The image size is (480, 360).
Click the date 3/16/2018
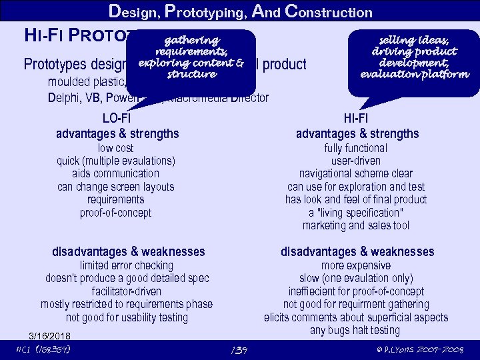click(50, 335)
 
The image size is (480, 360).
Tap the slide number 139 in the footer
click(237, 350)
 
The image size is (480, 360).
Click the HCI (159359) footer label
click(43, 350)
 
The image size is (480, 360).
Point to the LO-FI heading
click(117, 118)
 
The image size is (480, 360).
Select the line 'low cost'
click(115, 148)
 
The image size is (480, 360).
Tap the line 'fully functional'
click(355, 148)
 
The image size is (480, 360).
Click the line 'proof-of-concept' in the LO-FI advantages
click(115, 213)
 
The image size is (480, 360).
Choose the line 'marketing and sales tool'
click(355, 225)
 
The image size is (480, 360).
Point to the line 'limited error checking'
click(127, 265)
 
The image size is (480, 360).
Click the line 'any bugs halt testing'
click(355, 330)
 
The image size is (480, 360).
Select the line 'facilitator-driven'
click(127, 291)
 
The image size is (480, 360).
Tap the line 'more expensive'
click(355, 265)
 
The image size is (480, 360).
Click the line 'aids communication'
click(115, 173)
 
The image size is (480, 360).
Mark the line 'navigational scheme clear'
click(355, 173)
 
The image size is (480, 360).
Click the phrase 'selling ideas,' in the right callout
click(414, 41)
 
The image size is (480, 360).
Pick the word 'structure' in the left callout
click(192, 75)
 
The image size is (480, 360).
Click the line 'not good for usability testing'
click(127, 317)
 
